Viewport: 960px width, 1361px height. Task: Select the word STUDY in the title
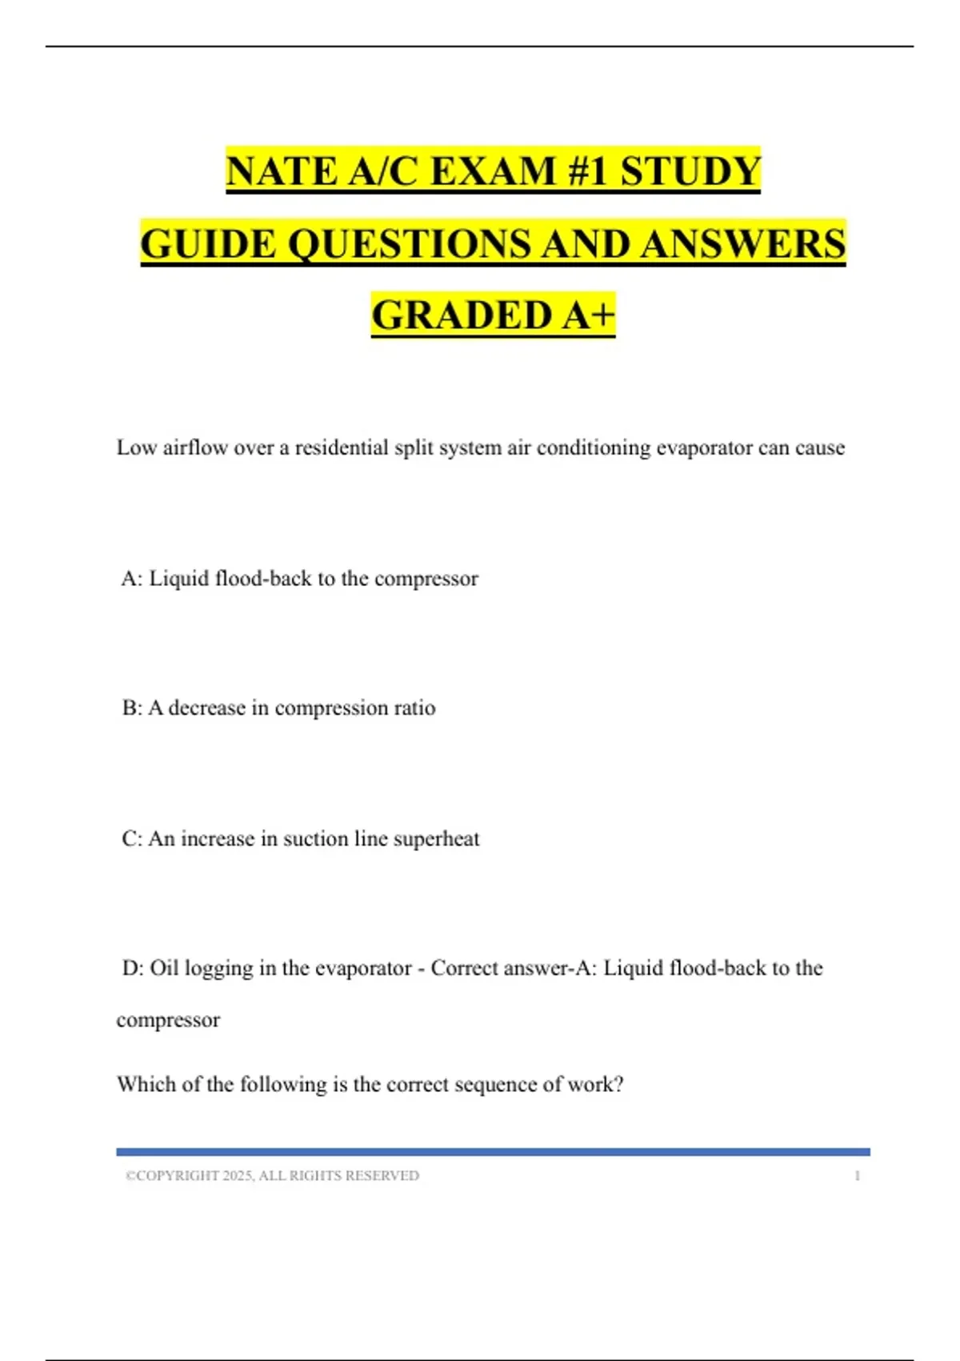[x=691, y=171]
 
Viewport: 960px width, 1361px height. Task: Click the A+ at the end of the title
[x=589, y=315]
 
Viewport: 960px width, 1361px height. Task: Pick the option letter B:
[x=132, y=708]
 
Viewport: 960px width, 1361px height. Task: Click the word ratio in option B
[x=414, y=708]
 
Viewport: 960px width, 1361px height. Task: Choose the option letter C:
[x=132, y=838]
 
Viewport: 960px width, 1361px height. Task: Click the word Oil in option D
[x=164, y=968]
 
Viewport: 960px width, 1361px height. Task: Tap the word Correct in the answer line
[x=465, y=968]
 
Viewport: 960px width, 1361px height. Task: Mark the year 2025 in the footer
[x=237, y=1175]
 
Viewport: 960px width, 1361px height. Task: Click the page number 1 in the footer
[x=858, y=1175]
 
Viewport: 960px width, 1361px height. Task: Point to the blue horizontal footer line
[x=493, y=1151]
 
